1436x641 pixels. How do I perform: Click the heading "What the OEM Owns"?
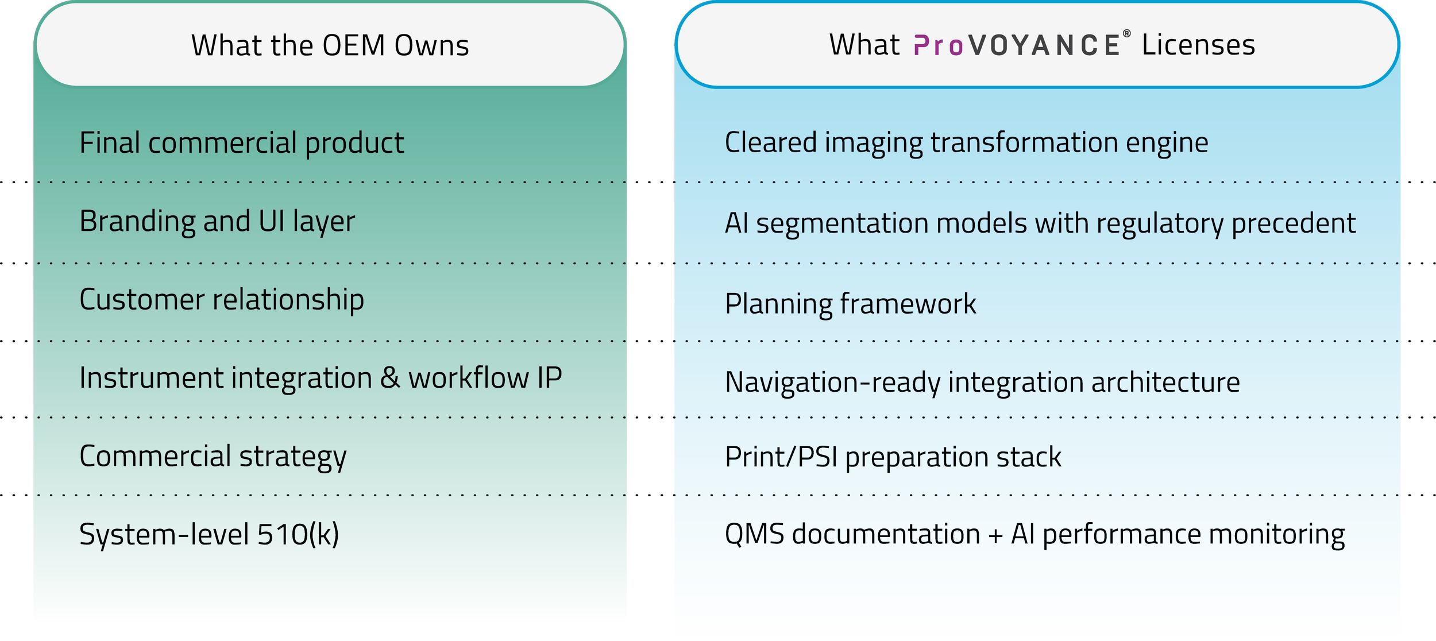pyautogui.click(x=330, y=45)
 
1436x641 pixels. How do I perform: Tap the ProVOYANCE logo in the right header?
pyautogui.click(x=1016, y=45)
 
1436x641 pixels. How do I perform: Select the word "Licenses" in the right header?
pyautogui.click(x=1198, y=45)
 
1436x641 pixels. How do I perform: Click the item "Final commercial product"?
pyautogui.click(x=241, y=142)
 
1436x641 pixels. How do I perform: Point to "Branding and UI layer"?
pyautogui.click(x=217, y=221)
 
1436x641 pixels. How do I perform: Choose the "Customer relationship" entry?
pyautogui.click(x=221, y=299)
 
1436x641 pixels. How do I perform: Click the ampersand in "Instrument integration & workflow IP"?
pyautogui.click(x=390, y=378)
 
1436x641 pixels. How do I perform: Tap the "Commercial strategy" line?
pyautogui.click(x=213, y=456)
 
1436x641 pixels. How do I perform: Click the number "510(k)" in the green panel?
pyautogui.click(x=298, y=534)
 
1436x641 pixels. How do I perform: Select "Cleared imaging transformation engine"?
pyautogui.click(x=966, y=142)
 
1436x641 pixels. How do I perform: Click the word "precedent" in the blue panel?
pyautogui.click(x=1294, y=223)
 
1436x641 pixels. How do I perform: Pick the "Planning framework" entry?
pyautogui.click(x=850, y=303)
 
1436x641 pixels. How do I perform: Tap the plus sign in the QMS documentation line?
pyautogui.click(x=995, y=535)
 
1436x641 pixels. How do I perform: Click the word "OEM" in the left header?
pyautogui.click(x=354, y=45)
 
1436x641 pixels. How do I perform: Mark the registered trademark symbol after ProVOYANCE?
pyautogui.click(x=1126, y=34)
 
